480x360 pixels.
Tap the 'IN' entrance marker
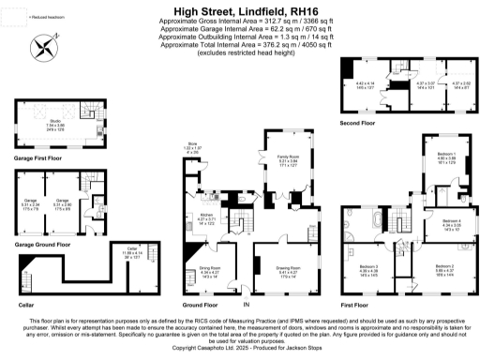click(247, 307)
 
